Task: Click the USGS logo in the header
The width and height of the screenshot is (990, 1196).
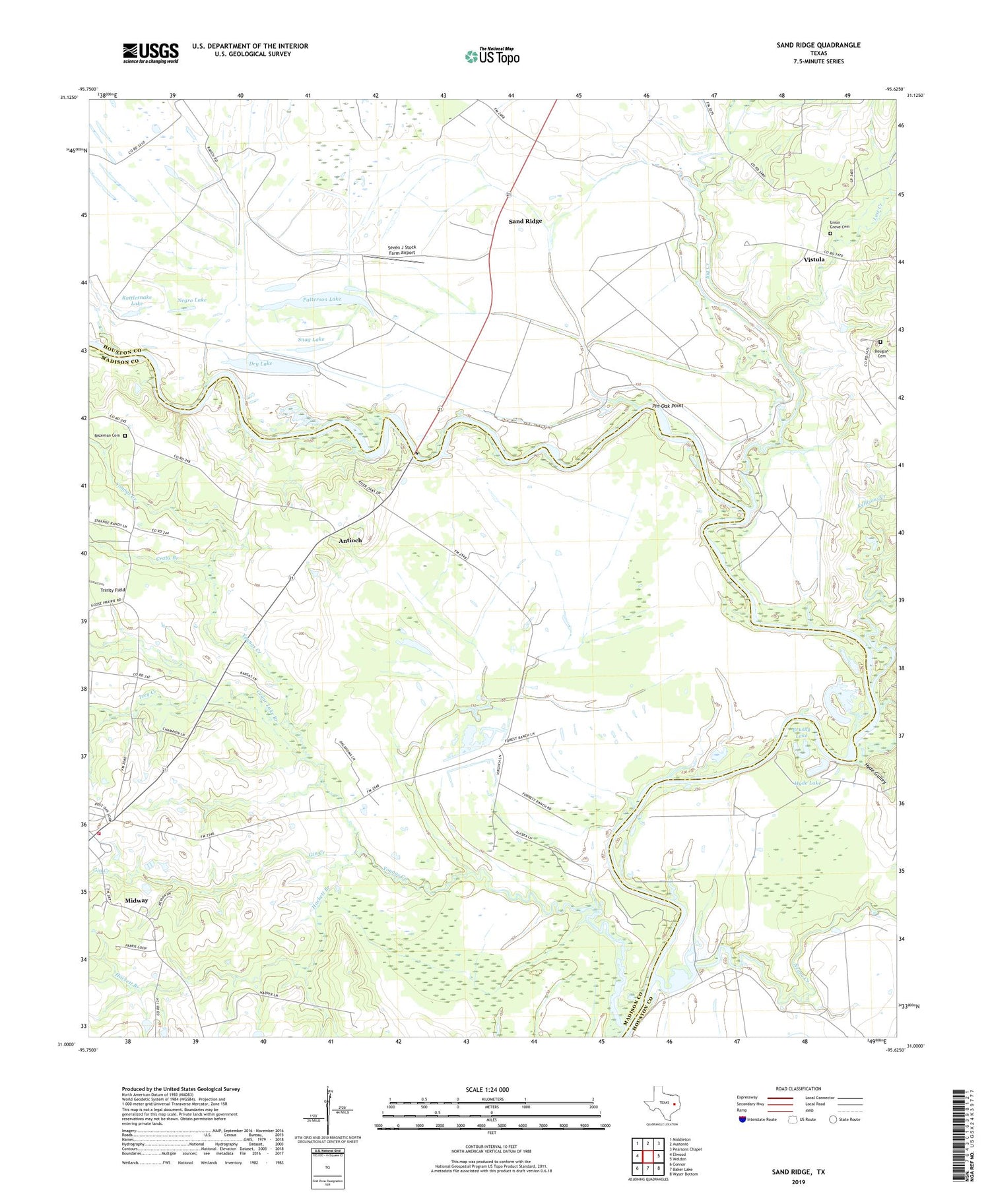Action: [150, 53]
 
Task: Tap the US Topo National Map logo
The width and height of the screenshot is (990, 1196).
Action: [492, 56]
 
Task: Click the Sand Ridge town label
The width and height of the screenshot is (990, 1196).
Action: [525, 221]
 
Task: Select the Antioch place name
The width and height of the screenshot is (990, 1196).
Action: [350, 540]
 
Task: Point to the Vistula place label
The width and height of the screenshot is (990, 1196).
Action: [814, 259]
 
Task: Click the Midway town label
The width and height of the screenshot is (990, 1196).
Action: [137, 900]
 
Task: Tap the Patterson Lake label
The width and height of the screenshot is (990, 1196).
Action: [322, 299]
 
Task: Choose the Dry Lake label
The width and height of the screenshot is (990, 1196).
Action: [260, 363]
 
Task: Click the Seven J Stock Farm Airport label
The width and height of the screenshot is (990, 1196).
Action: [401, 250]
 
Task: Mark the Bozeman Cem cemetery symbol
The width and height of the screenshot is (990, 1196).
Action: [125, 435]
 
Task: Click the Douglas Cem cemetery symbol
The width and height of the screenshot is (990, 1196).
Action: [880, 342]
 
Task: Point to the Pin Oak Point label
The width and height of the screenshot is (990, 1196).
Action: [667, 406]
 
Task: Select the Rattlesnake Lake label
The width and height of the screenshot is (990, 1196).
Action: [137, 300]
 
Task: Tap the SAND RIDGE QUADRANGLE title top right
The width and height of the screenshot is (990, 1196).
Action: [818, 45]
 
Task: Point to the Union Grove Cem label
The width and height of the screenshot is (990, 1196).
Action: [839, 224]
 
